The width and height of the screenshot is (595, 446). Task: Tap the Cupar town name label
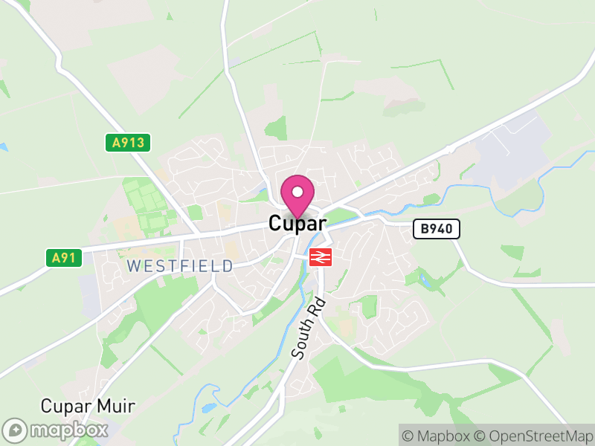pos(297,223)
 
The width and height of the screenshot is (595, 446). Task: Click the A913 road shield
pos(128,143)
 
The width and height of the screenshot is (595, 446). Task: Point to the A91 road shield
pos(63,258)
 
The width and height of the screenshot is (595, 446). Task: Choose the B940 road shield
pos(437,229)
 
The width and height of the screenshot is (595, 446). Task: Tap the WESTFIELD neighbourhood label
pos(179,265)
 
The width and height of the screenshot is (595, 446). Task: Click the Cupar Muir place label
pos(88,407)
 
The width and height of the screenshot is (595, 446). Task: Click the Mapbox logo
pos(56,430)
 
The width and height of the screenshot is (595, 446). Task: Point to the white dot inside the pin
pos(297,192)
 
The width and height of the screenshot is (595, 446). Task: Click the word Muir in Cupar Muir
pos(118,407)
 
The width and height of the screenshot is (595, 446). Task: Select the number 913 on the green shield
pos(133,143)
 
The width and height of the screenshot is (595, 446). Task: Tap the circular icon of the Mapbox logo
pos(15,430)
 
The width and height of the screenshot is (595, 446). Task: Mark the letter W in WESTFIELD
pos(133,265)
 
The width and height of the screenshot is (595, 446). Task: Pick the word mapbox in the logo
pos(68,430)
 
